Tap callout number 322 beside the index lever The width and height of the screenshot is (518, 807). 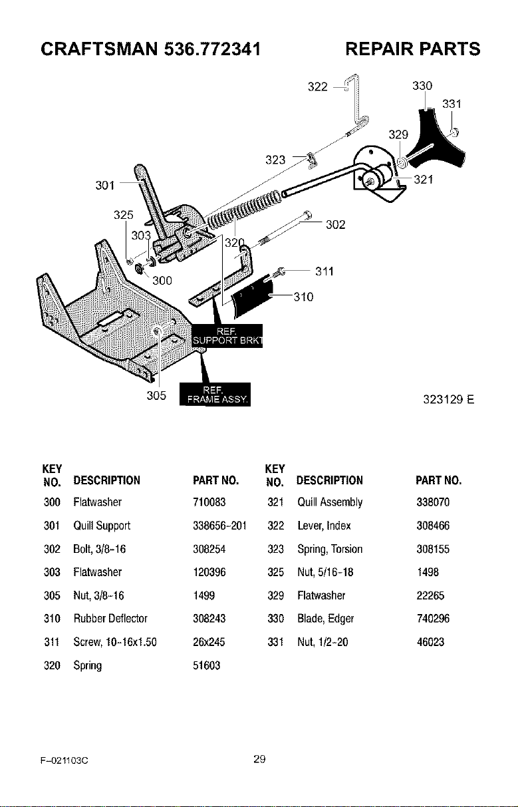(x=317, y=87)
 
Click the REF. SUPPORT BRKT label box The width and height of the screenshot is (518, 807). (x=227, y=336)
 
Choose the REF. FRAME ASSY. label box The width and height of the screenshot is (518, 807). (x=215, y=395)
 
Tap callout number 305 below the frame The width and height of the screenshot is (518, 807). (x=156, y=396)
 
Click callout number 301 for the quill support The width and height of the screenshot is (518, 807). (x=105, y=186)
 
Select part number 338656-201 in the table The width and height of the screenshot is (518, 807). (x=219, y=526)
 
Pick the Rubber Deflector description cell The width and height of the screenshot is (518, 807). (x=110, y=619)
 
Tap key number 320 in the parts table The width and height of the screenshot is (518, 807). (x=52, y=665)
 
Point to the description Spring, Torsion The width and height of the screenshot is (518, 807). (x=330, y=550)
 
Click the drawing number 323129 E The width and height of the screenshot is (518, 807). (x=449, y=400)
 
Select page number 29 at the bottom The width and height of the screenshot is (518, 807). (x=259, y=759)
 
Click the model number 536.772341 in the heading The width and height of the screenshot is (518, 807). (x=212, y=49)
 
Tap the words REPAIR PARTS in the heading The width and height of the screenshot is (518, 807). (x=413, y=49)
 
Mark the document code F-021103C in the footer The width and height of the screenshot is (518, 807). (x=65, y=760)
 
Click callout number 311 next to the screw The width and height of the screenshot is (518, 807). (x=324, y=271)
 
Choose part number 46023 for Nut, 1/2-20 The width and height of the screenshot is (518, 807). (x=430, y=642)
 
